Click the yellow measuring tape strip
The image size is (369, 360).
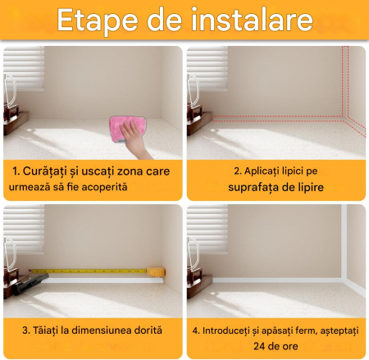[90, 270]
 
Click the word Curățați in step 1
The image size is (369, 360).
[50, 172]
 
